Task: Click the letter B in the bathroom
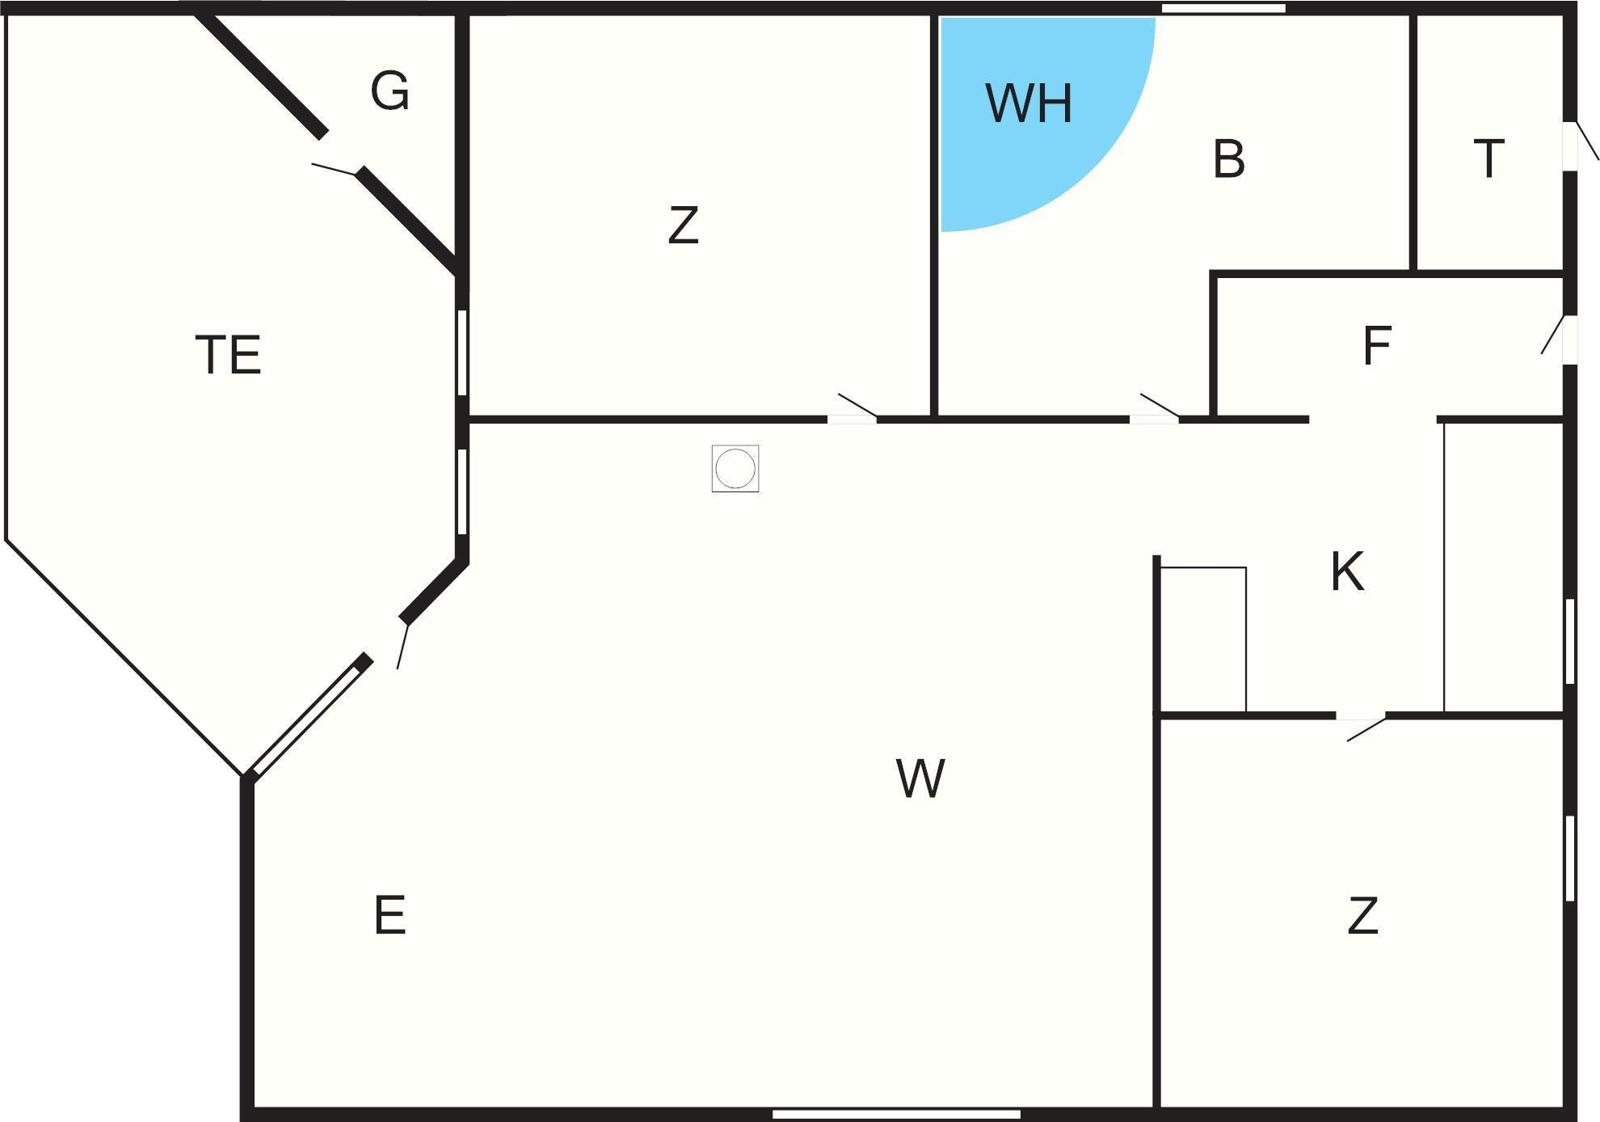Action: click(1228, 158)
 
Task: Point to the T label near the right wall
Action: click(1488, 158)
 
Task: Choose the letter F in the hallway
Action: click(1377, 346)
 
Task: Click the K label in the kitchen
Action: click(1347, 572)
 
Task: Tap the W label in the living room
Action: click(920, 778)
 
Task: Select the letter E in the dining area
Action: click(389, 915)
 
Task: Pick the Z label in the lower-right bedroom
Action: click(1362, 916)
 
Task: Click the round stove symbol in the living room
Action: click(735, 468)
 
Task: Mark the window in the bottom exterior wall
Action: click(896, 1114)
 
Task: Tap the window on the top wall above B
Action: click(1223, 8)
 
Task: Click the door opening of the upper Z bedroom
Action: click(852, 418)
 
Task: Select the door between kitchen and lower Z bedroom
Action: click(1361, 716)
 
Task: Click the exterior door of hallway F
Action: click(1569, 340)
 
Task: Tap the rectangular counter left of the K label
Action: click(1203, 639)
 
